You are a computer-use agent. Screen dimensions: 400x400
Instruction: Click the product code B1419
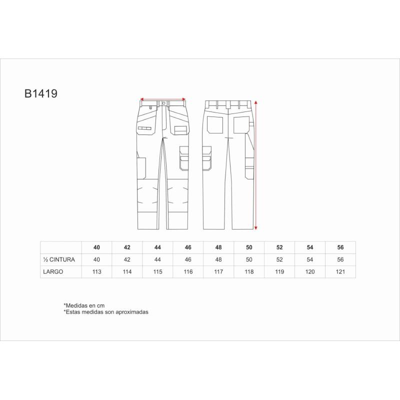tap(41, 93)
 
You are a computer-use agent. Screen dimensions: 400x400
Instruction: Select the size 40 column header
tap(96, 247)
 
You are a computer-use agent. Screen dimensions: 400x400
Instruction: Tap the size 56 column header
tap(340, 247)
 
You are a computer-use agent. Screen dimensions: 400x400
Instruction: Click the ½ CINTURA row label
tap(59, 259)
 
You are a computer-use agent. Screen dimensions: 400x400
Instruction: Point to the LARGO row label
tap(53, 271)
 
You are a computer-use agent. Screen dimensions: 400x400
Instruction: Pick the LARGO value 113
tap(96, 271)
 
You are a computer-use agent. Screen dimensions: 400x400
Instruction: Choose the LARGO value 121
tap(340, 271)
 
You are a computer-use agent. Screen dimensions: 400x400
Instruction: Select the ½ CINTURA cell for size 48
tap(218, 259)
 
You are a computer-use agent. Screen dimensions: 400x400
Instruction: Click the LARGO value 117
tap(218, 271)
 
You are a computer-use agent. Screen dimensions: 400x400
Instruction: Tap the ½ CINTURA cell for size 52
tap(279, 259)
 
